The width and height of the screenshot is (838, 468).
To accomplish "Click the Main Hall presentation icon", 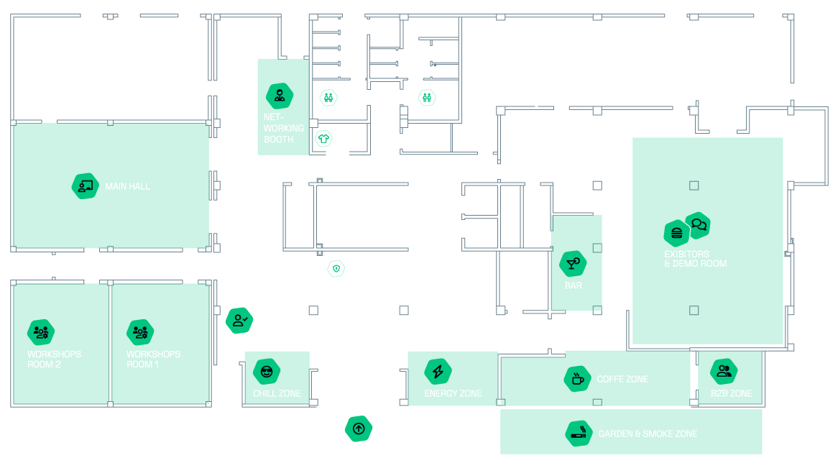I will (86, 187).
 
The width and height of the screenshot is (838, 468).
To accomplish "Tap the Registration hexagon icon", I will (239, 321).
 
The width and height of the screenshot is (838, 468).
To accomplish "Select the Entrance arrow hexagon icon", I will (359, 429).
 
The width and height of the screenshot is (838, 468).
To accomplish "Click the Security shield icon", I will (336, 269).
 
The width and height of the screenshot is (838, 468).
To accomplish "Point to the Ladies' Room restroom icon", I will (328, 97).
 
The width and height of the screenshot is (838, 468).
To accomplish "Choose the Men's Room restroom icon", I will (428, 97).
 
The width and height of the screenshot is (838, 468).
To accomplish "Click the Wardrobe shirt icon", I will (323, 138).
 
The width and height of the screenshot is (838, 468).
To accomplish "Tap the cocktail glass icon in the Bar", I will (573, 264).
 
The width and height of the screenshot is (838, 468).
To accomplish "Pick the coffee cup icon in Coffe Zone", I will (578, 379).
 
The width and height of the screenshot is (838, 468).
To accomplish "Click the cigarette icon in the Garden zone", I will (579, 434).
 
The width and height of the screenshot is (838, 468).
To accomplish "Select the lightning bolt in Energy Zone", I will (438, 372).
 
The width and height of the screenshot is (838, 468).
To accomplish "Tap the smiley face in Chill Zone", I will (267, 372).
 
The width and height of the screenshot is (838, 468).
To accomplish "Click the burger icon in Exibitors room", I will (676, 233).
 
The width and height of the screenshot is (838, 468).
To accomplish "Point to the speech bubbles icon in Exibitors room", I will (699, 225).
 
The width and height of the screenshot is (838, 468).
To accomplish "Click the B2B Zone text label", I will (732, 393).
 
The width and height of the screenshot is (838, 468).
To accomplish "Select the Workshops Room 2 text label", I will (54, 359).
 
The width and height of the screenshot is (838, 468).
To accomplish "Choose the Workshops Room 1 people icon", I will (140, 332).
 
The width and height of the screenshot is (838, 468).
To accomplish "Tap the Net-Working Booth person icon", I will (280, 95).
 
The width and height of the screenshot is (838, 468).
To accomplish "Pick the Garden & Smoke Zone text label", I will (648, 433).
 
